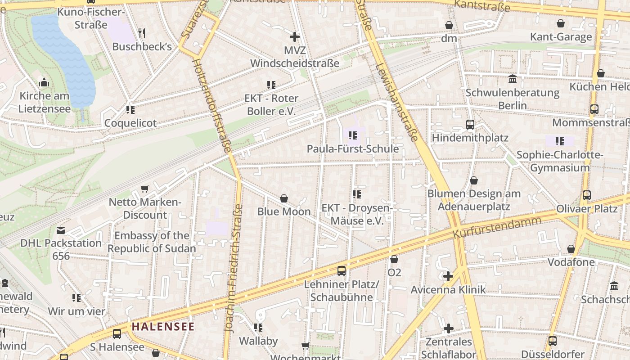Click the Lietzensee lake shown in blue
(x=63, y=54)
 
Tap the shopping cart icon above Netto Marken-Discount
(x=144, y=189)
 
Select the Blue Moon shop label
(x=284, y=211)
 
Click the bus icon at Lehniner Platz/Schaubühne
(x=342, y=270)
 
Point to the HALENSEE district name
(x=163, y=327)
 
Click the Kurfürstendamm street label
(x=497, y=228)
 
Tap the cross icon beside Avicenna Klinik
(x=448, y=276)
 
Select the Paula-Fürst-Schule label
(x=353, y=149)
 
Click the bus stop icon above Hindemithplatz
(x=470, y=125)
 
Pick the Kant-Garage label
(x=561, y=37)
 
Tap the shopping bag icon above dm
(x=449, y=25)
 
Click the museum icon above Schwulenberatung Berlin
(x=512, y=80)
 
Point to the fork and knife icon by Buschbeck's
(x=142, y=33)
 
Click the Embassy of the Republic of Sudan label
(x=152, y=242)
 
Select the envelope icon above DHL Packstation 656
(x=61, y=230)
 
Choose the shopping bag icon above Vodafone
(x=571, y=249)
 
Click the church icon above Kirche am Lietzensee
(x=44, y=82)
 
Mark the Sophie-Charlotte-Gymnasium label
(x=559, y=162)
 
